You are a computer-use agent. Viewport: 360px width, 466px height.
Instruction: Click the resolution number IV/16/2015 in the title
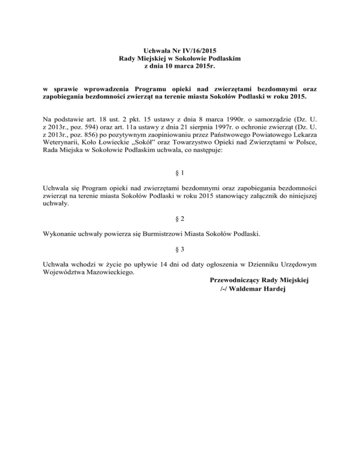coord(200,50)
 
